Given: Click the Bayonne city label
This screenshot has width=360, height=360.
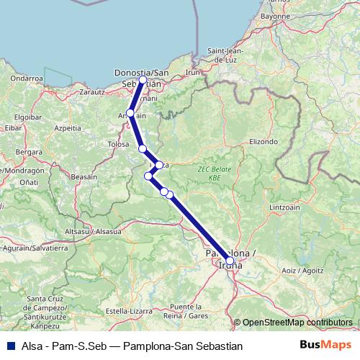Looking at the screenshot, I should (x=276, y=15).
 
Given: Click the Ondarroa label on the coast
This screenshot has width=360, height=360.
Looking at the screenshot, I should (x=27, y=78).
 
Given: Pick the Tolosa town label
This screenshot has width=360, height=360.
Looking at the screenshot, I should (x=118, y=144).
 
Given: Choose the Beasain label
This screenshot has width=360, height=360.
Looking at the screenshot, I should (x=84, y=176).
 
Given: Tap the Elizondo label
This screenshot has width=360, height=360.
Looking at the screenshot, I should (x=264, y=142).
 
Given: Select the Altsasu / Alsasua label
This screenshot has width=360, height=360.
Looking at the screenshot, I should (x=94, y=231).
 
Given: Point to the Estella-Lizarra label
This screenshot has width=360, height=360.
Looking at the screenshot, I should (x=128, y=310).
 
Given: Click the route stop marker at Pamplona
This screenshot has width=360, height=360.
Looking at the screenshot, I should (x=230, y=261).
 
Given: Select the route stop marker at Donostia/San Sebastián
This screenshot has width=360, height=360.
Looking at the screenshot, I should (x=143, y=80).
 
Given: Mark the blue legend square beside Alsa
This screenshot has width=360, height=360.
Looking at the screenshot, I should (x=8, y=346).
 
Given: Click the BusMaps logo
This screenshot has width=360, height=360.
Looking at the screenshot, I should (x=325, y=346).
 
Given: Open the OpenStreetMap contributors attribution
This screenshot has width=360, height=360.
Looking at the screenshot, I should (x=297, y=323).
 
